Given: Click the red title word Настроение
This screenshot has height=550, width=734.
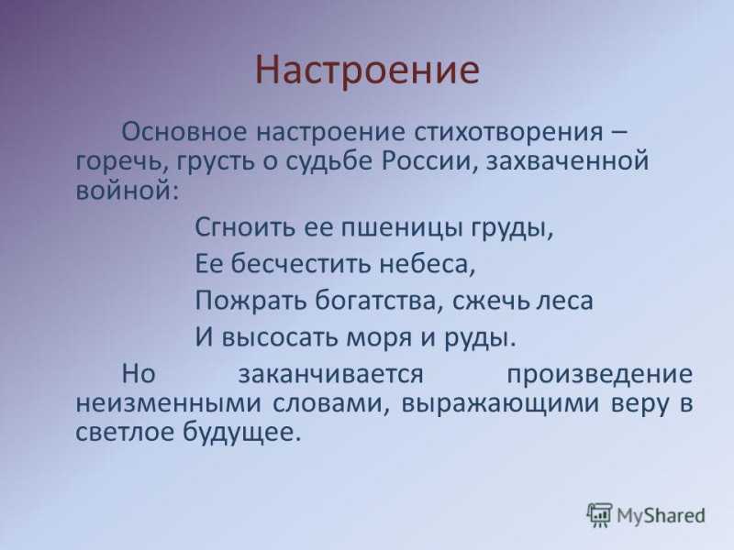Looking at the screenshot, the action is (368, 71).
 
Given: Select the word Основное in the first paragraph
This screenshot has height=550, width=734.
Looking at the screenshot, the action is (184, 132).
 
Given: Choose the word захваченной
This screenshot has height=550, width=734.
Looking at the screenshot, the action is (568, 162).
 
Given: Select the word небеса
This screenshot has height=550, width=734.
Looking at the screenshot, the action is (427, 264).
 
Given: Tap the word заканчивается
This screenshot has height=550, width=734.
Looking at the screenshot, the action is (330, 375).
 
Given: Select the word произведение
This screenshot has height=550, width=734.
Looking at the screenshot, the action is (600, 375).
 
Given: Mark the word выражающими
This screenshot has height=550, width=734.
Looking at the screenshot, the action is (500, 404).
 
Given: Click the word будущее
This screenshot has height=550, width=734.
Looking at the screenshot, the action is (240, 433).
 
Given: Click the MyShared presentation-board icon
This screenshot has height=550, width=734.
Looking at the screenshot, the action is (599, 515).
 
